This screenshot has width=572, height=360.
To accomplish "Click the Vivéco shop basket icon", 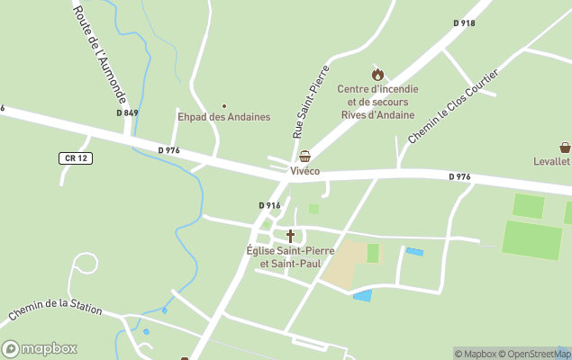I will coord(305,157).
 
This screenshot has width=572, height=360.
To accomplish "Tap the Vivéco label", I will coord(305,170).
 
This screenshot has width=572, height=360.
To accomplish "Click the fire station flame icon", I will coord(377,75).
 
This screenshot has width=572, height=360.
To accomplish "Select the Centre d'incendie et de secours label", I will coord(377,102).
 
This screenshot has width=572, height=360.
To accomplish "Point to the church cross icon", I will coord(290,236).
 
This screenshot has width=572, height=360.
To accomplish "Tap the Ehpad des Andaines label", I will coord(224,117).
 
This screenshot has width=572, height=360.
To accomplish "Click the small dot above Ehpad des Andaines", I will coord(224,105).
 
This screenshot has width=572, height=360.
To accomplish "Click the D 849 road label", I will coord(127,112).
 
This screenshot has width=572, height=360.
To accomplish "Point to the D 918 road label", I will coord(464,22).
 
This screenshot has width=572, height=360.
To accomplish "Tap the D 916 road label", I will coord(270,205).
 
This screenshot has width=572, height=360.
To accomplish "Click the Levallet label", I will coord(551,161).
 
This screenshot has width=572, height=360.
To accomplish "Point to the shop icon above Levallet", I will coord(565,148).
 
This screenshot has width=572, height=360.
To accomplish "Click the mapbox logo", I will coord(40,348).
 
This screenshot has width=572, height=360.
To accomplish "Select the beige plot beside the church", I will coord(347,265).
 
